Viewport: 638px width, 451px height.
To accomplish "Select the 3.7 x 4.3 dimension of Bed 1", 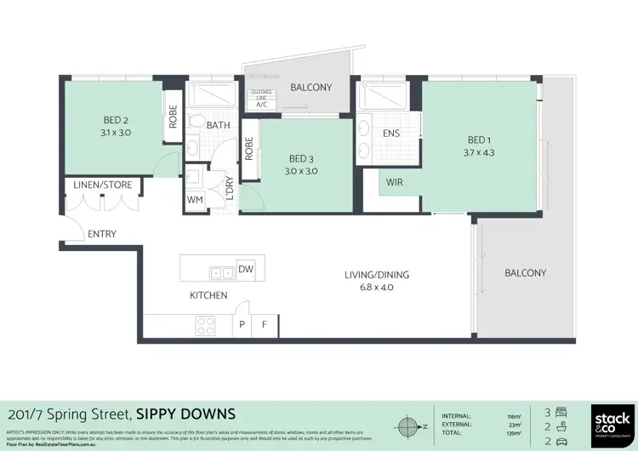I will coord(480,153).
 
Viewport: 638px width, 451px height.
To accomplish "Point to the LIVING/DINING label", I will coord(376,274).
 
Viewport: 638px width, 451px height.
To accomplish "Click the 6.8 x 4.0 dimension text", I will coord(375,288).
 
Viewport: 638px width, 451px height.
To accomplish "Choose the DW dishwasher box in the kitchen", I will coord(246,270).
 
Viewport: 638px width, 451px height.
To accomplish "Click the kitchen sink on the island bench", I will coord(222,273).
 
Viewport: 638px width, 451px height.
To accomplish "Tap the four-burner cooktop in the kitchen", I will coord(206,324).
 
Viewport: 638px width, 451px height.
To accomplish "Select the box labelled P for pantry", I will coord(242,324).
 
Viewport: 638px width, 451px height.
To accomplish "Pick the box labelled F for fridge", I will coord(265,324).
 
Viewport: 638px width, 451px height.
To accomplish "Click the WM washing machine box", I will coord(195,200).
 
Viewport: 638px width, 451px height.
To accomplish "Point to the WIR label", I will coord(394,182).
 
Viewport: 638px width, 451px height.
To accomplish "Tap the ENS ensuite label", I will coord(391,134).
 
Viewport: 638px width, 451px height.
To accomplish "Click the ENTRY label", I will coord(102,234).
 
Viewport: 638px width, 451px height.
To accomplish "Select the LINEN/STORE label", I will coord(101,186).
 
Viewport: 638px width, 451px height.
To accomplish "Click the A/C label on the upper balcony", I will coord(261,105).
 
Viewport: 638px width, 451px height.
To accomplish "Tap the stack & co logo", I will coord(612,422).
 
